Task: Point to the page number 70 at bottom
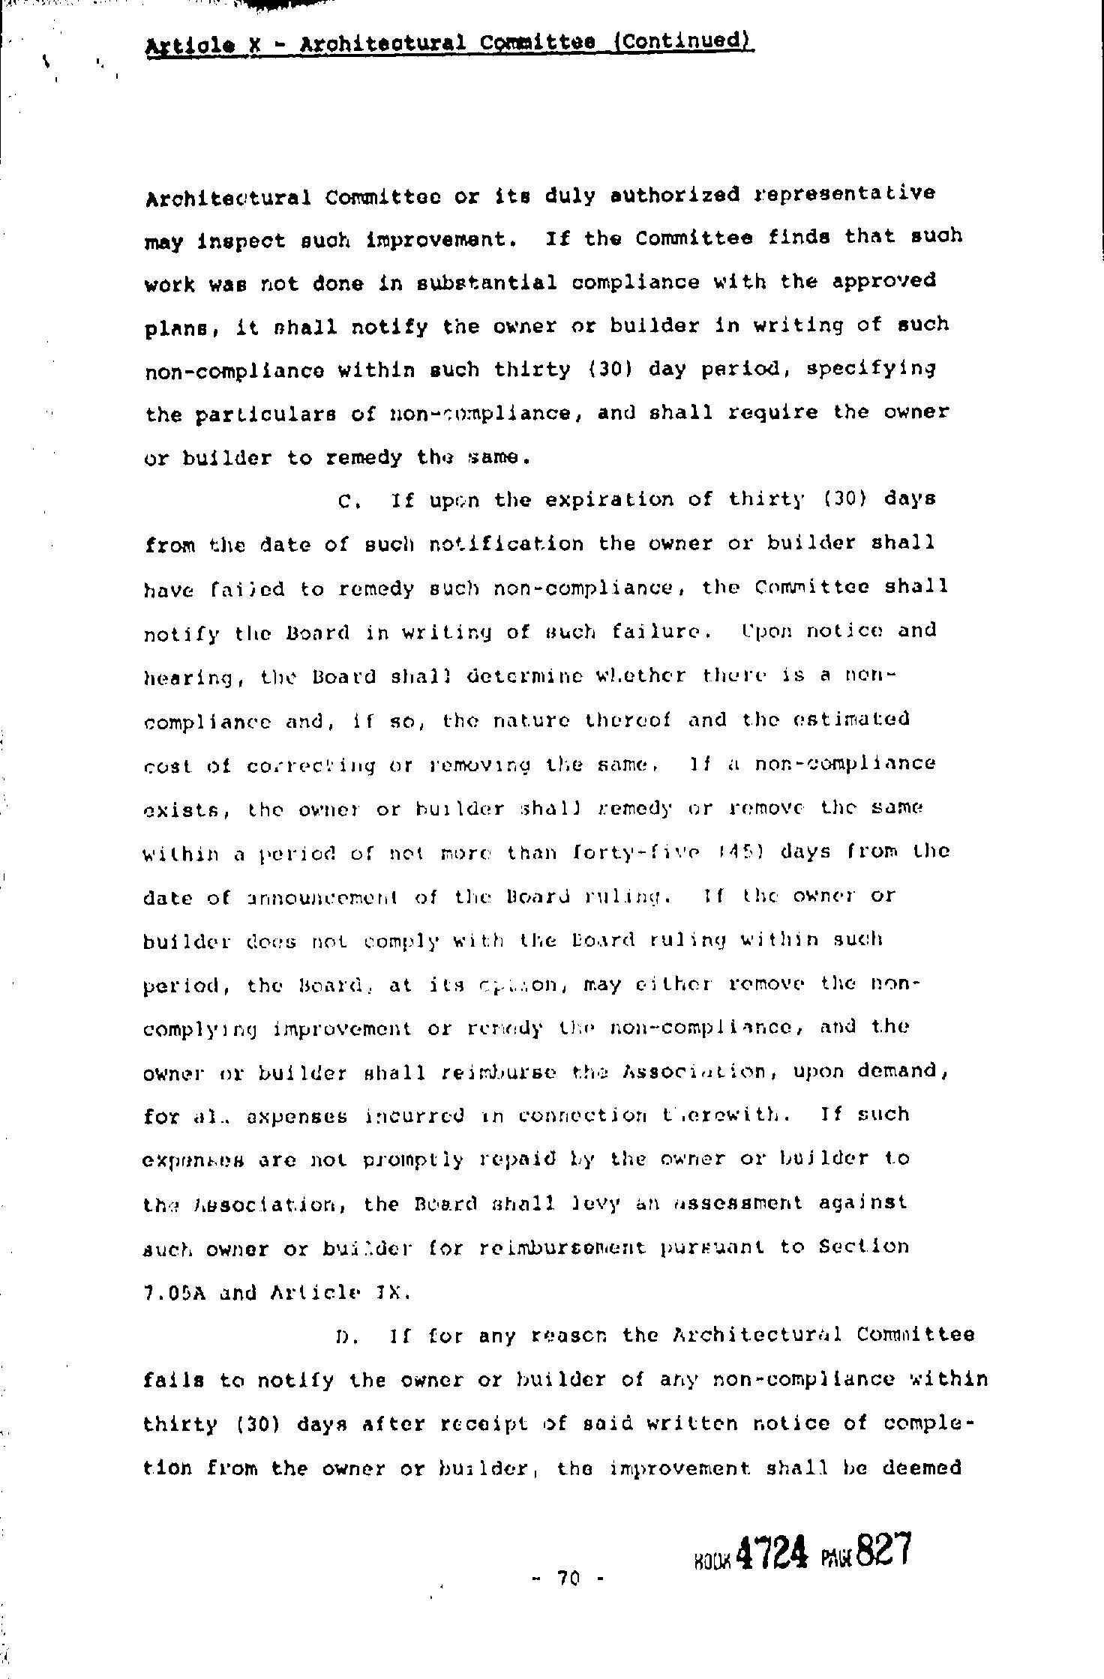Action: (568, 1580)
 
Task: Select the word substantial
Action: (485, 283)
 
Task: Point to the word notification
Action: (506, 544)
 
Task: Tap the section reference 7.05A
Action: (174, 1292)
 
